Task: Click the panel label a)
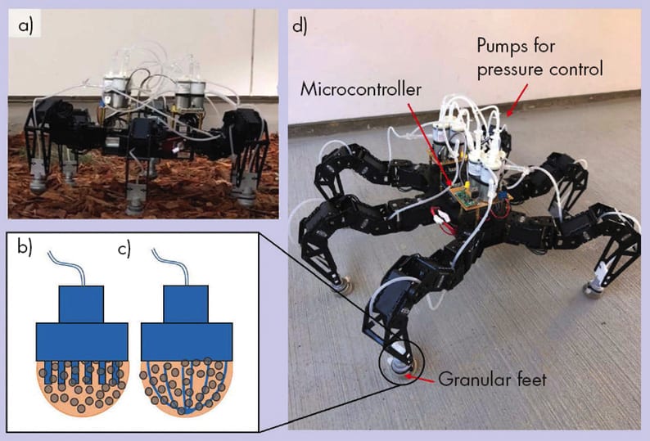click(26, 26)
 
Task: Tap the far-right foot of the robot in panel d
click(590, 288)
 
